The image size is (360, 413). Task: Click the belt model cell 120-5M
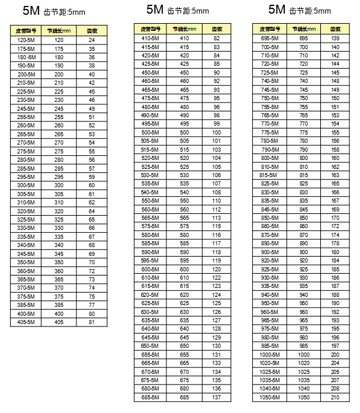tap(24, 40)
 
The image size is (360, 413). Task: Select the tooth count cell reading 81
tap(92, 322)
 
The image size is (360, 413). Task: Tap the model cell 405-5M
tap(24, 322)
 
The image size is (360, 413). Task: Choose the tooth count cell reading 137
tap(217, 397)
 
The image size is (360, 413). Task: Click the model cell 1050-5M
tap(269, 397)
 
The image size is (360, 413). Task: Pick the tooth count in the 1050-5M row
tap(336, 397)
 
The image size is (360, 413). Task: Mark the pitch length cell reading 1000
tap(304, 354)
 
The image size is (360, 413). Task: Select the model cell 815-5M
tap(268, 175)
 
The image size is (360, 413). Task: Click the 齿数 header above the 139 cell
tap(336, 28)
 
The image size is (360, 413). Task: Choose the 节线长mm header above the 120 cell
tap(59, 30)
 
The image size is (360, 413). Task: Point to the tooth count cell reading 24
tap(92, 40)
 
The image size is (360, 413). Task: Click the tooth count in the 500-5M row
tap(217, 133)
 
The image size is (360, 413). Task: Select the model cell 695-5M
tap(269, 38)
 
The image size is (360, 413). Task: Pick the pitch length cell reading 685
tap(185, 397)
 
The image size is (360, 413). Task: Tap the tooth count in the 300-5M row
tap(92, 185)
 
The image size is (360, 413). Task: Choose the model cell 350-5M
tap(24, 262)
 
